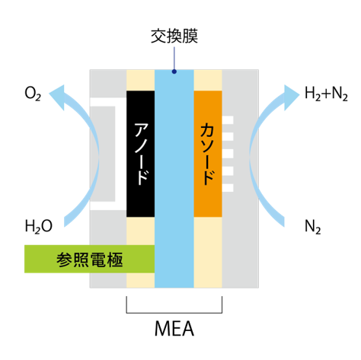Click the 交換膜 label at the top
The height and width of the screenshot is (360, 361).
click(174, 37)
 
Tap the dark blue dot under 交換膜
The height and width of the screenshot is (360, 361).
click(174, 72)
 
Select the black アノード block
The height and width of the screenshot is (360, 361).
click(140, 154)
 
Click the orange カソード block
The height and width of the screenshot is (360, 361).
click(208, 154)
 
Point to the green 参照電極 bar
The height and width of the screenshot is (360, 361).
click(89, 259)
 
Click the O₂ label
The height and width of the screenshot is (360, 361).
click(33, 94)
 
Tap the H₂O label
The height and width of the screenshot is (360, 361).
click(39, 226)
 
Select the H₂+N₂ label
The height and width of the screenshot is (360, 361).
click(326, 94)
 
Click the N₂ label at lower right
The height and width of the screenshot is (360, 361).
click(312, 226)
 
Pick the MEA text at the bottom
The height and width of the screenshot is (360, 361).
click(174, 329)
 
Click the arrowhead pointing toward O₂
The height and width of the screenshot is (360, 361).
click(58, 97)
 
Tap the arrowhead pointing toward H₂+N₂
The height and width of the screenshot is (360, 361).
click(291, 97)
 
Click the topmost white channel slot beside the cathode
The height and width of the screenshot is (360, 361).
click(228, 120)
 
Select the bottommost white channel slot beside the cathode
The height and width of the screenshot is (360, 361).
click(228, 188)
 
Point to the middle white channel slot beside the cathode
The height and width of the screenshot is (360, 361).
click(228, 154)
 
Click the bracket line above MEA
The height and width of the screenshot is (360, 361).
click(174, 313)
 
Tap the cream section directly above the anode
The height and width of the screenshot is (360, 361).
click(140, 80)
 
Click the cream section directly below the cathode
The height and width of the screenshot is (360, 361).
click(208, 252)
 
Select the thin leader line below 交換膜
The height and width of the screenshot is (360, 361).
click(174, 59)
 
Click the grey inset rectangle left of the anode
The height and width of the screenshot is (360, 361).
click(103, 154)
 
